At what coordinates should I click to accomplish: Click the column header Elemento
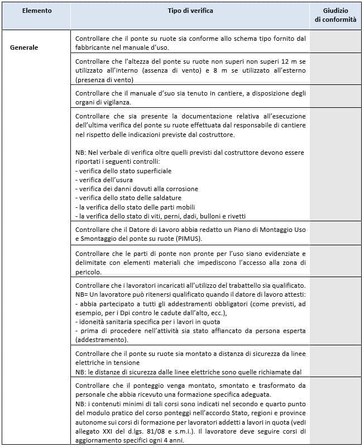(x=37, y=11)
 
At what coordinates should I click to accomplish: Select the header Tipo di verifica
(x=190, y=11)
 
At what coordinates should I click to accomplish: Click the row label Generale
(x=24, y=47)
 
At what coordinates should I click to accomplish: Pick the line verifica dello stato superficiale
(x=124, y=170)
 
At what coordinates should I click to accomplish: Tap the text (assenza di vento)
(x=188, y=70)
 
